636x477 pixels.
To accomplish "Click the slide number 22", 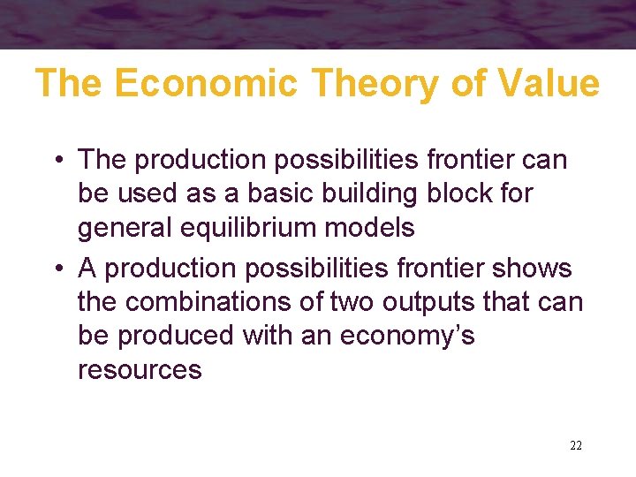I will [x=575, y=445].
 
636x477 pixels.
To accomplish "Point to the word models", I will [x=375, y=228].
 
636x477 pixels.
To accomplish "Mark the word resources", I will [x=140, y=370].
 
